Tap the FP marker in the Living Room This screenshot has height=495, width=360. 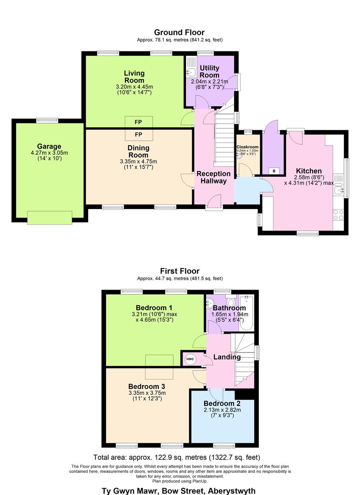(138, 122)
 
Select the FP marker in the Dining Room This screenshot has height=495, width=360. (138, 134)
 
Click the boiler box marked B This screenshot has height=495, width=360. (274, 171)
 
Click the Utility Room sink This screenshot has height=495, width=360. (192, 72)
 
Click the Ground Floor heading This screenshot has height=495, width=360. (179, 32)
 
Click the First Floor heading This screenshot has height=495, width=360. (179, 271)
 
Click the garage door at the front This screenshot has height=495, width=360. (50, 218)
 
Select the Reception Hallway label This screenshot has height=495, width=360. (214, 177)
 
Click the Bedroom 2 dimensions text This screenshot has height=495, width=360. (222, 412)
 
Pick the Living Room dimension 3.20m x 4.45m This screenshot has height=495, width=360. (133, 87)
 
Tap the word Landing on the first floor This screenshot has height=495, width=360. (227, 357)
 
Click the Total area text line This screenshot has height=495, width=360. (177, 457)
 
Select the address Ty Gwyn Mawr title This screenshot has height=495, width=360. (178, 490)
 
